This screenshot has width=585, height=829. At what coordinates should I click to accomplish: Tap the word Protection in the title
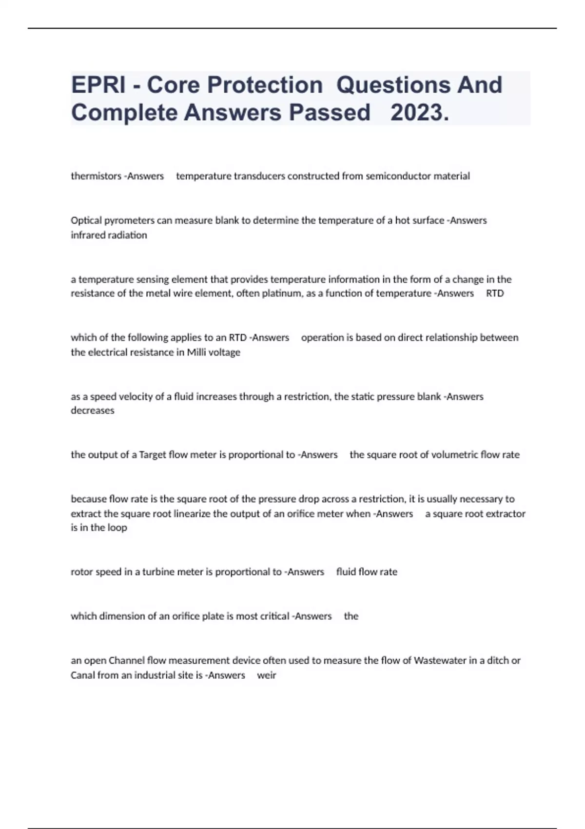point(235,85)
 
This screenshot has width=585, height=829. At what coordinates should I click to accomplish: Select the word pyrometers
point(130,220)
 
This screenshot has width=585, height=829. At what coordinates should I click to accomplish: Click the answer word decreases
point(93,411)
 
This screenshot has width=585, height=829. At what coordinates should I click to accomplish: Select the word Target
point(152,455)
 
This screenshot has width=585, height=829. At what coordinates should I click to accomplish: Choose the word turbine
point(157,572)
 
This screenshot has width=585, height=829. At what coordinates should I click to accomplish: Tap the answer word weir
point(267,675)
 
